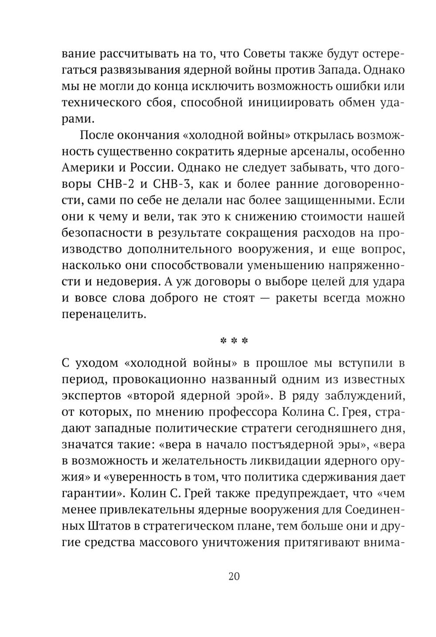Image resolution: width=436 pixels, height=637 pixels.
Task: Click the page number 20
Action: (234, 576)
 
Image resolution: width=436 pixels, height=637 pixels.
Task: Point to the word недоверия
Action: (129, 282)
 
